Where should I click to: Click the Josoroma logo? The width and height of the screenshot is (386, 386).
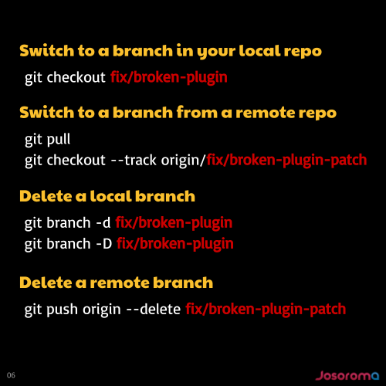pos(347,375)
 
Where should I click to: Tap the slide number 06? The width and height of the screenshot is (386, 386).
pos(11,375)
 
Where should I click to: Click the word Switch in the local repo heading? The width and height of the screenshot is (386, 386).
pos(47,50)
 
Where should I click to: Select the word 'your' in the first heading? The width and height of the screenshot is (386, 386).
pos(216,52)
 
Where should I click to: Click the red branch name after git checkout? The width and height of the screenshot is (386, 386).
pos(169,78)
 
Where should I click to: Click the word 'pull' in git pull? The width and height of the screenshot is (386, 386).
pos(59,140)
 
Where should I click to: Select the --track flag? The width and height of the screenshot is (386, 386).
pos(134,160)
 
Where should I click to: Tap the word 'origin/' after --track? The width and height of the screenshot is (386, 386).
pos(184,161)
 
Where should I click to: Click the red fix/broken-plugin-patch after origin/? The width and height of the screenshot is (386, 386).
pos(286,161)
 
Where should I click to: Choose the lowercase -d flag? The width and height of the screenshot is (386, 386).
pos(103,222)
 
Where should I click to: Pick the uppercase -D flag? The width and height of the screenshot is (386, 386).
pos(104,244)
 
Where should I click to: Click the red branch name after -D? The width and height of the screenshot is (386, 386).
pos(175,244)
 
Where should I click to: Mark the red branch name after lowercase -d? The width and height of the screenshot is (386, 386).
pos(174,223)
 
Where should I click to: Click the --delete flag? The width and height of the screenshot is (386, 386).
pos(154,309)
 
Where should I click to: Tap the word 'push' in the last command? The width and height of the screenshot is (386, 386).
pos(62,310)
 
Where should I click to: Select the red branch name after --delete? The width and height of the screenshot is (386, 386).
pos(266,310)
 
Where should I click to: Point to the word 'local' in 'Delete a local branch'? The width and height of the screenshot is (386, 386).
pos(110,196)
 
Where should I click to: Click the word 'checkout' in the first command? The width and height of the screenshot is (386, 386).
pos(76,77)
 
